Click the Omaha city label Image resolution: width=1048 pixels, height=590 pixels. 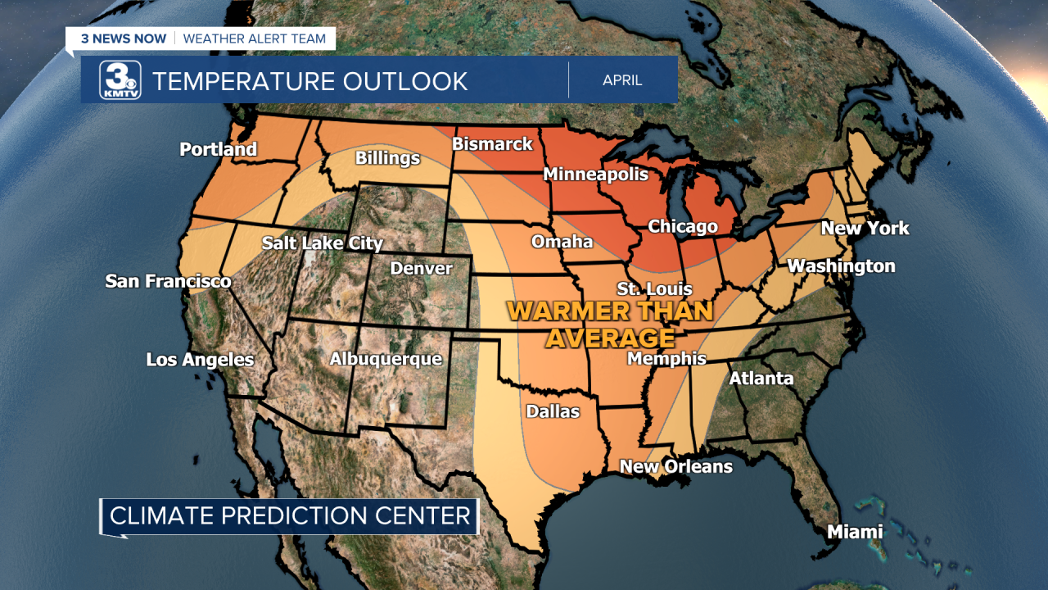coord(562,242)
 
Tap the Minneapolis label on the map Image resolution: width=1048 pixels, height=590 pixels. coord(595,175)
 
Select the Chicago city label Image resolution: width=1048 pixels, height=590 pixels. coord(683,226)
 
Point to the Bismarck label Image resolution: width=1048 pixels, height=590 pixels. coord(492,144)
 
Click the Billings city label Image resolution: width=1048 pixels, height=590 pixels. coord(387,158)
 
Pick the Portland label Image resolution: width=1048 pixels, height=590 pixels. coord(218,149)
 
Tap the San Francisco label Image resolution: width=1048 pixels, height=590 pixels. coord(168,281)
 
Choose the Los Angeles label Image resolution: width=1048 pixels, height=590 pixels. coord(200,360)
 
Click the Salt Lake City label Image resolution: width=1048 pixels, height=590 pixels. coord(322,243)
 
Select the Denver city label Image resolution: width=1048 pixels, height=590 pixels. coord(421,269)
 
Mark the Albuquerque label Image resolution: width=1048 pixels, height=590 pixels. coord(386,359)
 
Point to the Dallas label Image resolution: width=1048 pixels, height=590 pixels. coord(553,411)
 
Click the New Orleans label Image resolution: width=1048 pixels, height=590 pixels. coord(675,466)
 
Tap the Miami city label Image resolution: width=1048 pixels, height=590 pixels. coord(855,532)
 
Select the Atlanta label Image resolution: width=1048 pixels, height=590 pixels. coord(761,378)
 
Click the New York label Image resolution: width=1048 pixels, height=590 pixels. coord(865,229)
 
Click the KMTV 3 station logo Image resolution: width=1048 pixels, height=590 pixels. coord(120,80)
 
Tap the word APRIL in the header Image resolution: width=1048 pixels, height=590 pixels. coord(622,80)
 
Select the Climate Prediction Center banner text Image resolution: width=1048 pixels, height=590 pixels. coord(290,516)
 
